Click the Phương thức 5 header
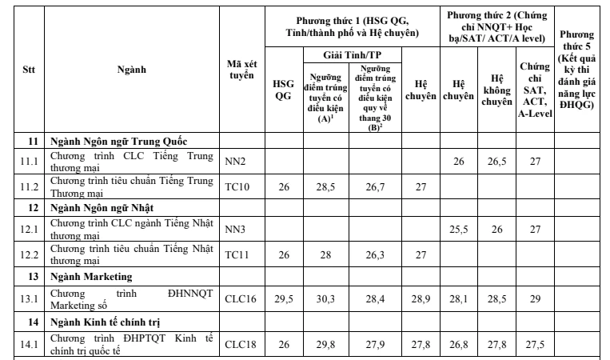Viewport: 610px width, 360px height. (576, 73)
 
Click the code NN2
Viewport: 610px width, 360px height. (234, 161)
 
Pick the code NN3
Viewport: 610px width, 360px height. (234, 229)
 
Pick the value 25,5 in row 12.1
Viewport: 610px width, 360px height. (458, 229)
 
